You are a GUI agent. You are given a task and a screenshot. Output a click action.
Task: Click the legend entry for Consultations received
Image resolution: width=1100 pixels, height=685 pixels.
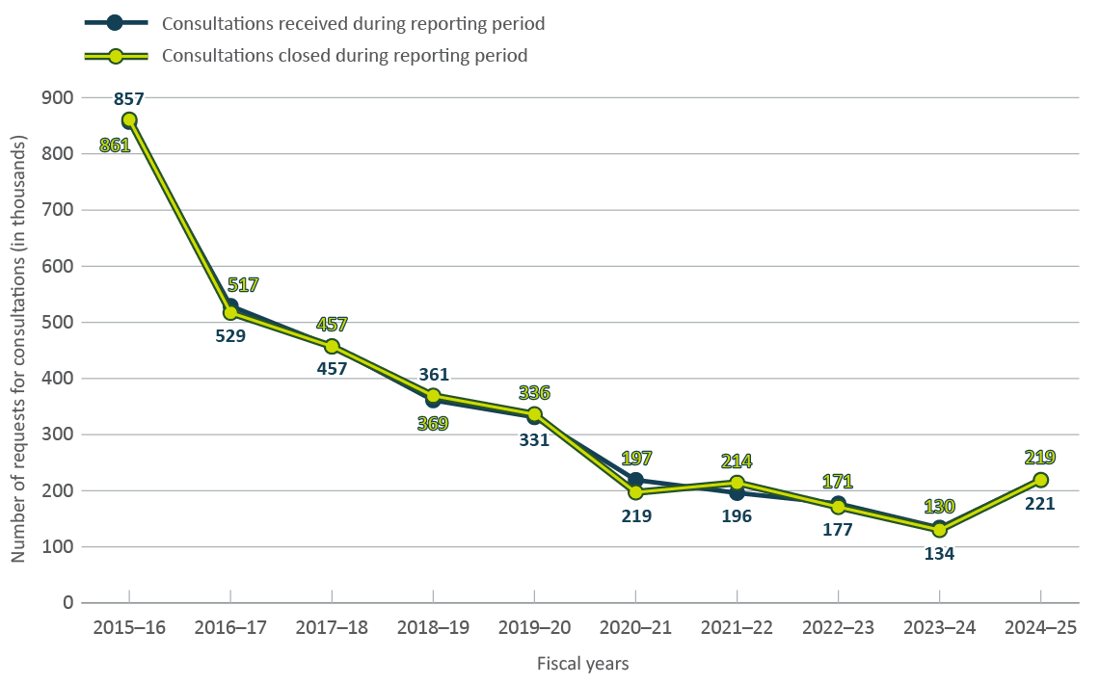pos(343,24)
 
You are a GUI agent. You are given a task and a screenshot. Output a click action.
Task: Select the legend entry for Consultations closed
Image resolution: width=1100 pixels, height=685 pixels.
pos(344,56)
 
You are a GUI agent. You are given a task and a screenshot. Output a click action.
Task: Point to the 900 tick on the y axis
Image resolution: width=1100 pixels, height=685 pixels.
pos(58,97)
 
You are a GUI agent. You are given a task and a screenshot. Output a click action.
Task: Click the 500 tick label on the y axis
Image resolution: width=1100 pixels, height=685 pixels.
pos(58,322)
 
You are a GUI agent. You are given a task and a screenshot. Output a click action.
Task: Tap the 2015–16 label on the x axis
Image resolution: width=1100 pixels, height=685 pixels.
pos(129,627)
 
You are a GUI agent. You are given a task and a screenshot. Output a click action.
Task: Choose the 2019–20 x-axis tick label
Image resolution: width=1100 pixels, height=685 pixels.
pos(534,627)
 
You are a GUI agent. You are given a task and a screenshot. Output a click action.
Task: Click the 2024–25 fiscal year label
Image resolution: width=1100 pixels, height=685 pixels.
pos(1040,627)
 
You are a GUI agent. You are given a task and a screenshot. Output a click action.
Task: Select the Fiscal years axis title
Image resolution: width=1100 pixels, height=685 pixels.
pos(582,664)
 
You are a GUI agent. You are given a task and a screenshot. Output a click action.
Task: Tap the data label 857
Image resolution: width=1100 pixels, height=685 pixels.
pos(129,98)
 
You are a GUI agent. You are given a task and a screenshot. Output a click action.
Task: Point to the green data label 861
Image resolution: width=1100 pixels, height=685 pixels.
pos(115,145)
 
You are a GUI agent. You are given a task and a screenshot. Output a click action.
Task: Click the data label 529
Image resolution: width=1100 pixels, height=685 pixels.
pos(230,336)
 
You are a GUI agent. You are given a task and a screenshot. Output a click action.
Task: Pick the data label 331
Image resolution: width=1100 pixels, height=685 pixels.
pos(534,440)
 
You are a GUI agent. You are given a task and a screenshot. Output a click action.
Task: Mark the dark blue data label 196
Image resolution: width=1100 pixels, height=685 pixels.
pos(737,515)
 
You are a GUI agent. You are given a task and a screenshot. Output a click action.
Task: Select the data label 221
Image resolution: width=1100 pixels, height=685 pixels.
pos(1040,502)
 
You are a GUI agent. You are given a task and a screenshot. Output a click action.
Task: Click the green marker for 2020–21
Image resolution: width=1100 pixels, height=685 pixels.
pos(635,492)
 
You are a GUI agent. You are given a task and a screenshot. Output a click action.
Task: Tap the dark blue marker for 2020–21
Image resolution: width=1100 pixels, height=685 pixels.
pos(635,480)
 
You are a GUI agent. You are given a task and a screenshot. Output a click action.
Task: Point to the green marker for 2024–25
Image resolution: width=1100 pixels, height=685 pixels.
pos(1040,480)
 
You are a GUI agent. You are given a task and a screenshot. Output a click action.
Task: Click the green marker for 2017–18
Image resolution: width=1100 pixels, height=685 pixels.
pos(332,346)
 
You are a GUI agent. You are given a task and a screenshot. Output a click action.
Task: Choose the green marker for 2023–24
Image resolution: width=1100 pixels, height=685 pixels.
pos(939,530)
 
